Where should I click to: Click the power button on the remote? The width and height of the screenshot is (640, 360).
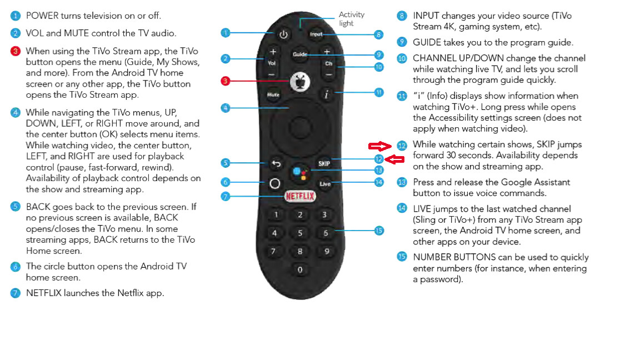click(x=283, y=34)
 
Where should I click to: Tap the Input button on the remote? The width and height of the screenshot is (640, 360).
click(x=316, y=34)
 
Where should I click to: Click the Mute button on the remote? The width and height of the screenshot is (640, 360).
click(x=273, y=95)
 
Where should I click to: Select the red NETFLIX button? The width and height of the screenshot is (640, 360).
click(x=300, y=196)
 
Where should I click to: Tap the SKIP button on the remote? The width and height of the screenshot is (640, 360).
click(x=324, y=163)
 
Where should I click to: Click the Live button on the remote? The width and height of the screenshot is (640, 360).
click(x=325, y=183)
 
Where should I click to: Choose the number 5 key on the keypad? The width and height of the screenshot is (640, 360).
click(x=300, y=233)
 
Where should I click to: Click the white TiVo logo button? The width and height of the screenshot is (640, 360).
click(x=300, y=82)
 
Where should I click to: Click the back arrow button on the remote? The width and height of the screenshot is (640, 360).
click(x=274, y=164)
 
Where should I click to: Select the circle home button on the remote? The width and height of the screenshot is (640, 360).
click(x=274, y=183)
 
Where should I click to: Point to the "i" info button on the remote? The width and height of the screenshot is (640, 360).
click(x=326, y=95)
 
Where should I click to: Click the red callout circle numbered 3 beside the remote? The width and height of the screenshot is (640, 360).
click(x=226, y=81)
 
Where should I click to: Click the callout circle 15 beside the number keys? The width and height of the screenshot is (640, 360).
click(x=379, y=230)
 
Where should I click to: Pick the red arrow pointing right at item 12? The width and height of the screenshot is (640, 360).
click(x=381, y=146)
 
